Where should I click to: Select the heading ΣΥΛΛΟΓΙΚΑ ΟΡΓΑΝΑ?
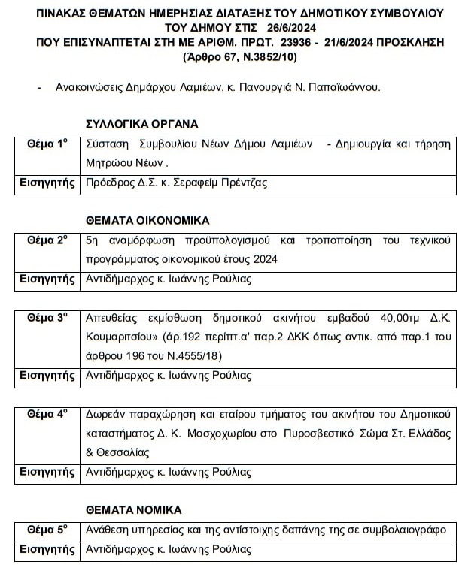pyautogui.click(x=143, y=125)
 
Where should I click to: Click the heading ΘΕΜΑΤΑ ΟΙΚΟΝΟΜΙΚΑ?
pyautogui.click(x=147, y=221)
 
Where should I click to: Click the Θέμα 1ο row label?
pyautogui.click(x=47, y=143)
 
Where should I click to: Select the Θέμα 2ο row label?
pyautogui.click(x=47, y=240)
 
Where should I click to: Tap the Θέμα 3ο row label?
pyautogui.click(x=47, y=318)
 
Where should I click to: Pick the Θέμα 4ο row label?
pyautogui.click(x=47, y=414)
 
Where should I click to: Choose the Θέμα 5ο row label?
pyautogui.click(x=47, y=528)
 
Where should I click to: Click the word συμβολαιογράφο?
pyautogui.click(x=406, y=529)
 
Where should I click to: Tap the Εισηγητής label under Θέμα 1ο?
pyautogui.click(x=47, y=182)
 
